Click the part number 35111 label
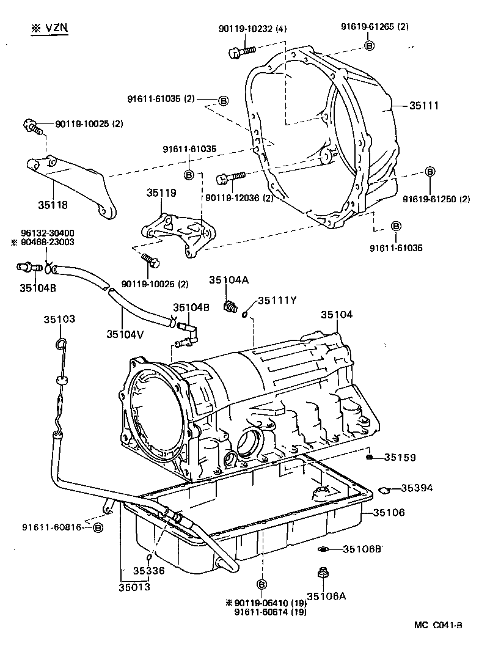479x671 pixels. coord(423,106)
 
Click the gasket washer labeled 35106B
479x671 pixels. coord(322,549)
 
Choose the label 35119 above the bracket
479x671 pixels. coord(161,193)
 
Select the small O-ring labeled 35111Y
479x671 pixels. coord(244,315)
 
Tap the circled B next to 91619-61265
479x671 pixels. coord(369,46)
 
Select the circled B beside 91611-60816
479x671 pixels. coord(98,527)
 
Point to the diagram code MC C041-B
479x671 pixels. coord(437,625)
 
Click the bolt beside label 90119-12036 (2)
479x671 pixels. coord(230,178)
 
